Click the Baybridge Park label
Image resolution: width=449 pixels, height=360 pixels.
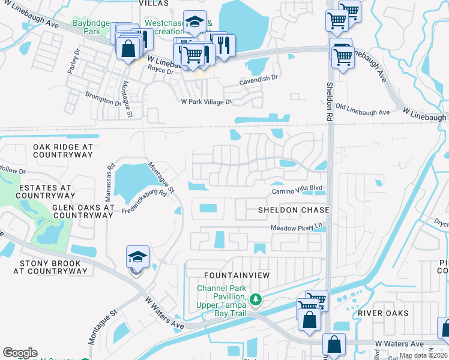click(x=91, y=27)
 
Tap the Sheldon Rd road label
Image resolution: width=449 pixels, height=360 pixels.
click(x=330, y=99)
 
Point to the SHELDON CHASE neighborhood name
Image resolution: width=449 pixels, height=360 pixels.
click(x=294, y=210)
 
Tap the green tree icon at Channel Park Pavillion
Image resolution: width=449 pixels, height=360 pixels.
click(x=256, y=298)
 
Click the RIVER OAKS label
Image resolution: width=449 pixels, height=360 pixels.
click(x=383, y=313)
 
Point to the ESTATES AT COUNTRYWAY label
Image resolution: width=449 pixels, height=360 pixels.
click(x=46, y=191)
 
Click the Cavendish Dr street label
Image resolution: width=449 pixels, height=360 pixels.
click(x=259, y=77)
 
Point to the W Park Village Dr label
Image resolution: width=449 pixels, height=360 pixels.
click(x=206, y=102)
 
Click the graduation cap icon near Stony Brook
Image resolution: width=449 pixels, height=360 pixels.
click(x=137, y=257)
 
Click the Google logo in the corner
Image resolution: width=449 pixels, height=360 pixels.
click(x=20, y=353)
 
